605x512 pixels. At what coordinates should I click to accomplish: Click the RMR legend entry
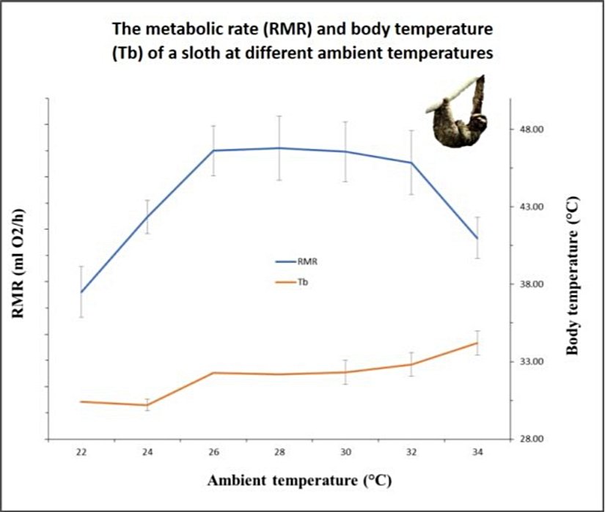point(307,260)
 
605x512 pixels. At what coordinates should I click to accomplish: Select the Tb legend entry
point(302,281)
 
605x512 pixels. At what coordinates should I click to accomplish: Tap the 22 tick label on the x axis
point(81,452)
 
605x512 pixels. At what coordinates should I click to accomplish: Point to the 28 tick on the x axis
point(279,452)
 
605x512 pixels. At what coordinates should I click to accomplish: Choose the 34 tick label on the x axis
point(478,452)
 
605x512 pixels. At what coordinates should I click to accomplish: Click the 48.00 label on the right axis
point(530,129)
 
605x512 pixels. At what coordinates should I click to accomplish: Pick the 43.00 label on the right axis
point(530,207)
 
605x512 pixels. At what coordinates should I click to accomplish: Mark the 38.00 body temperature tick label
point(530,284)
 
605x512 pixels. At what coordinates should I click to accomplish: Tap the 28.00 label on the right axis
point(530,439)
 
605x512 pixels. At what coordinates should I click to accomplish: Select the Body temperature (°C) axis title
point(573,275)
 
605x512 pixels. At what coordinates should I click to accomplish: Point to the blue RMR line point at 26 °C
point(213,150)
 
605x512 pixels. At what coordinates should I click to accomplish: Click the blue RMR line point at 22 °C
point(81,292)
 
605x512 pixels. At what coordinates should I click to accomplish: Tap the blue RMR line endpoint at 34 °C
point(478,238)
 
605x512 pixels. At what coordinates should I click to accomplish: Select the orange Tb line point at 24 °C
point(147,405)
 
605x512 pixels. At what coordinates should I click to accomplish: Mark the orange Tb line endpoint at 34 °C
point(478,343)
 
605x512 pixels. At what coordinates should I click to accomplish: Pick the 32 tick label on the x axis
point(411,452)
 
